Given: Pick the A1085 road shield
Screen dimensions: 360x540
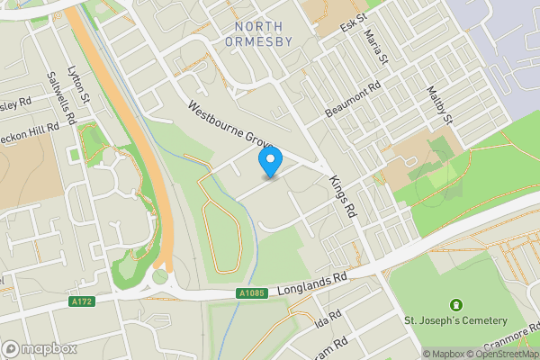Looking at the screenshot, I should pos(252,292).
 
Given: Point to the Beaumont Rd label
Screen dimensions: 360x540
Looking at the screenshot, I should pos(353,99).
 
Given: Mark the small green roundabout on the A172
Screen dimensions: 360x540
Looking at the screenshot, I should pos(160,276).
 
